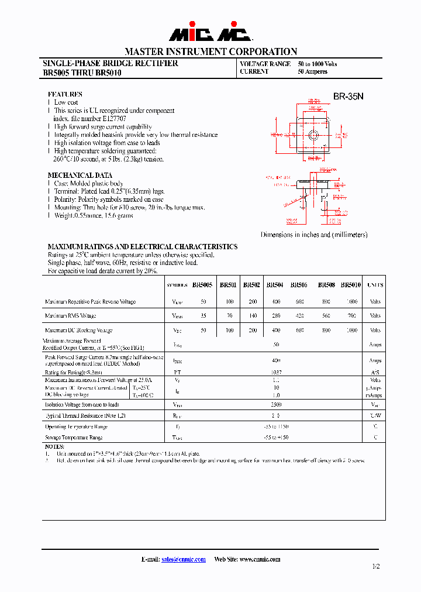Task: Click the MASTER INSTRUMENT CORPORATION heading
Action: [x=210, y=51]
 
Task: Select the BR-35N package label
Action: [x=348, y=97]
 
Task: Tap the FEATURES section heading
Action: [x=65, y=94]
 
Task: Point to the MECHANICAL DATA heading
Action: [x=80, y=175]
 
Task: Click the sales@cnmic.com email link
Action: [x=183, y=559]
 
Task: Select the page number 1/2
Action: [x=375, y=567]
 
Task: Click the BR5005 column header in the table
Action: [x=202, y=285]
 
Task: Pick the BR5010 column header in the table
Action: [x=351, y=285]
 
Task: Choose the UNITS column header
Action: [x=375, y=285]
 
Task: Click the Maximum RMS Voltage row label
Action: [x=70, y=316]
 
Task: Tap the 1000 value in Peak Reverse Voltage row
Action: [x=351, y=302]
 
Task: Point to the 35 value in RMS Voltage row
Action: [x=203, y=316]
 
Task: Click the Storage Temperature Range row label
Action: [x=74, y=437]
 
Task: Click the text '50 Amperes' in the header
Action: [x=312, y=72]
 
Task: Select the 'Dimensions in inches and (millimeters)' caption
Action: [x=314, y=235]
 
